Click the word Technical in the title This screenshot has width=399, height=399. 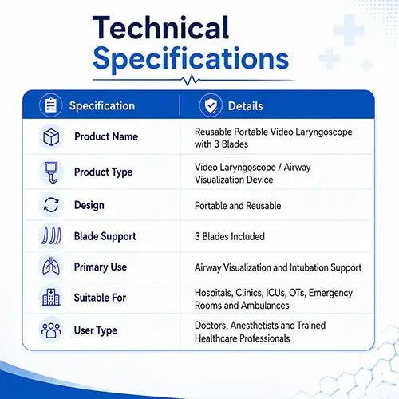pyautogui.click(x=160, y=28)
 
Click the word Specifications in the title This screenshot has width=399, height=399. pyautogui.click(x=191, y=59)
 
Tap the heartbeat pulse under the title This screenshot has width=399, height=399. pyautogui.click(x=191, y=80)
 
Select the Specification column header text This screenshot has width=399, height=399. pyautogui.click(x=102, y=106)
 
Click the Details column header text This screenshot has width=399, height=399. pyautogui.click(x=246, y=106)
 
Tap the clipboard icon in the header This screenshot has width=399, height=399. pyautogui.click(x=51, y=105)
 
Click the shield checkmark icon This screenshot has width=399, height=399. pyautogui.click(x=211, y=105)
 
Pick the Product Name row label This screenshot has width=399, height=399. pyautogui.click(x=106, y=136)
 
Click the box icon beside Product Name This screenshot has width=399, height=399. pyautogui.click(x=51, y=137)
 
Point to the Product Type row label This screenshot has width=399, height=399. pyautogui.click(x=104, y=172)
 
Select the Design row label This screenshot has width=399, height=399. pyautogui.click(x=89, y=205)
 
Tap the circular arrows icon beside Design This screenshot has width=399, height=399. pyautogui.click(x=51, y=205)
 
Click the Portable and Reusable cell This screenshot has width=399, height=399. pyautogui.click(x=238, y=206)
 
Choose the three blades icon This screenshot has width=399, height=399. pyautogui.click(x=51, y=236)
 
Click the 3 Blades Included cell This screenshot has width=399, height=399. pyautogui.click(x=230, y=236)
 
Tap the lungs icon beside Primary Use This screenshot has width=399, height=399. pyautogui.click(x=51, y=266)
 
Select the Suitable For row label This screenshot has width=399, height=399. pyautogui.click(x=100, y=298)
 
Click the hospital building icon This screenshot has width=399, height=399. pyautogui.click(x=51, y=297)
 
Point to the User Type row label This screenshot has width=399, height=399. pyautogui.click(x=96, y=330)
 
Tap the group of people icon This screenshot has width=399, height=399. pyautogui.click(x=51, y=330)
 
